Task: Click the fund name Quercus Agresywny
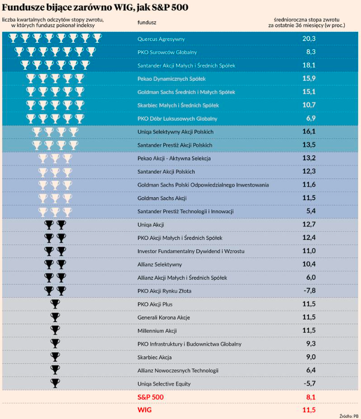161,39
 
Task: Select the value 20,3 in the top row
308,38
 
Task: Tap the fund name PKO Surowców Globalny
167,52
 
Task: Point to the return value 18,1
308,65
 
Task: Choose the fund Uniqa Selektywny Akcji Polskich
175,132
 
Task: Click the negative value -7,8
308,291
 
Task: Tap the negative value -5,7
308,384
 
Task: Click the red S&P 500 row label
152,397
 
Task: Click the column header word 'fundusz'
147,22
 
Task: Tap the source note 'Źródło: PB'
349,415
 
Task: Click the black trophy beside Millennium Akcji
55,331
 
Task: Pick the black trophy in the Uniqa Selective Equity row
55,384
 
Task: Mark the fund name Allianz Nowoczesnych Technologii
178,370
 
